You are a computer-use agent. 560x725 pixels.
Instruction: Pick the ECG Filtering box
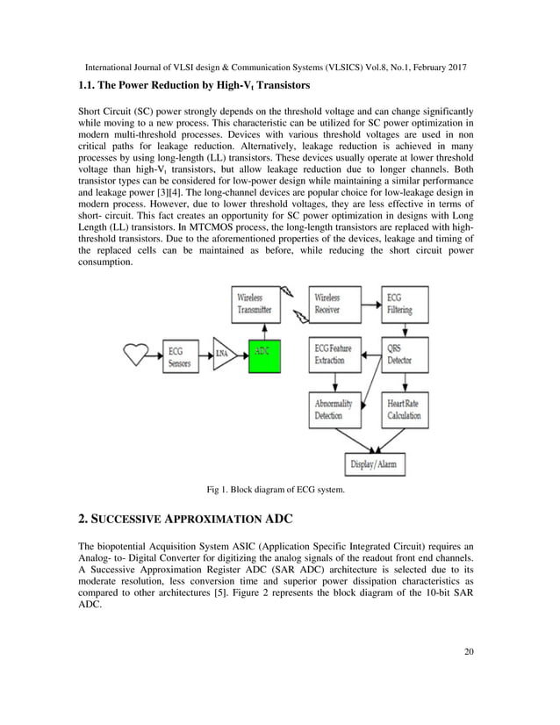tap(405, 303)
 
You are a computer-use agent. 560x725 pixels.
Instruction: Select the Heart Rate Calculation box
tap(405, 409)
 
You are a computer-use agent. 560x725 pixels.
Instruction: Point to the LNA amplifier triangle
tap(223, 353)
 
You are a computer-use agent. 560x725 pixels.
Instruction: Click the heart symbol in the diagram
tap(136, 352)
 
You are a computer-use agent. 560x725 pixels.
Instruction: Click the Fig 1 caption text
tap(275, 489)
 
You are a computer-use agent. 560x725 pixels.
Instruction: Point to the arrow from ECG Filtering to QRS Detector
tap(405, 329)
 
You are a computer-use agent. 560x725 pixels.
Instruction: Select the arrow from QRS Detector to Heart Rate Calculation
tap(405, 383)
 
